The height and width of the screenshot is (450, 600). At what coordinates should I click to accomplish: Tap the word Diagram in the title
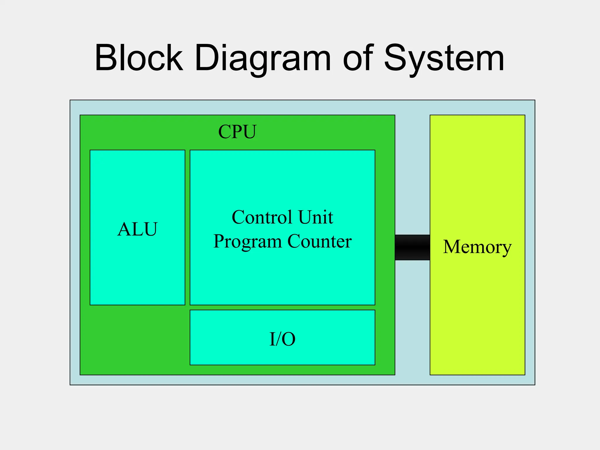262,59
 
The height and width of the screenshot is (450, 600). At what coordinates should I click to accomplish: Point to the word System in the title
444,59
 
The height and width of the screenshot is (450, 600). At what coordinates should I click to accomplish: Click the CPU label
237,132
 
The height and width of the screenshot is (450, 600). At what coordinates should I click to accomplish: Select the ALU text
137,229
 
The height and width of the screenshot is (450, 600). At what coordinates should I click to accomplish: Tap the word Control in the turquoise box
262,217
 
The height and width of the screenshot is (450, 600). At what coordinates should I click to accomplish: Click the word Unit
316,217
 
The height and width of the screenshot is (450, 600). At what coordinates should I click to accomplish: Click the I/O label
282,339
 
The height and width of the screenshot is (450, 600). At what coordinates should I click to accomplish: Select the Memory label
477,247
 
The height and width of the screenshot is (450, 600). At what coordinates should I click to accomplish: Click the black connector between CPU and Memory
412,247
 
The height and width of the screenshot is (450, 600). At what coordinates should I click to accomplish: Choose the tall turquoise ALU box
137,270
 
